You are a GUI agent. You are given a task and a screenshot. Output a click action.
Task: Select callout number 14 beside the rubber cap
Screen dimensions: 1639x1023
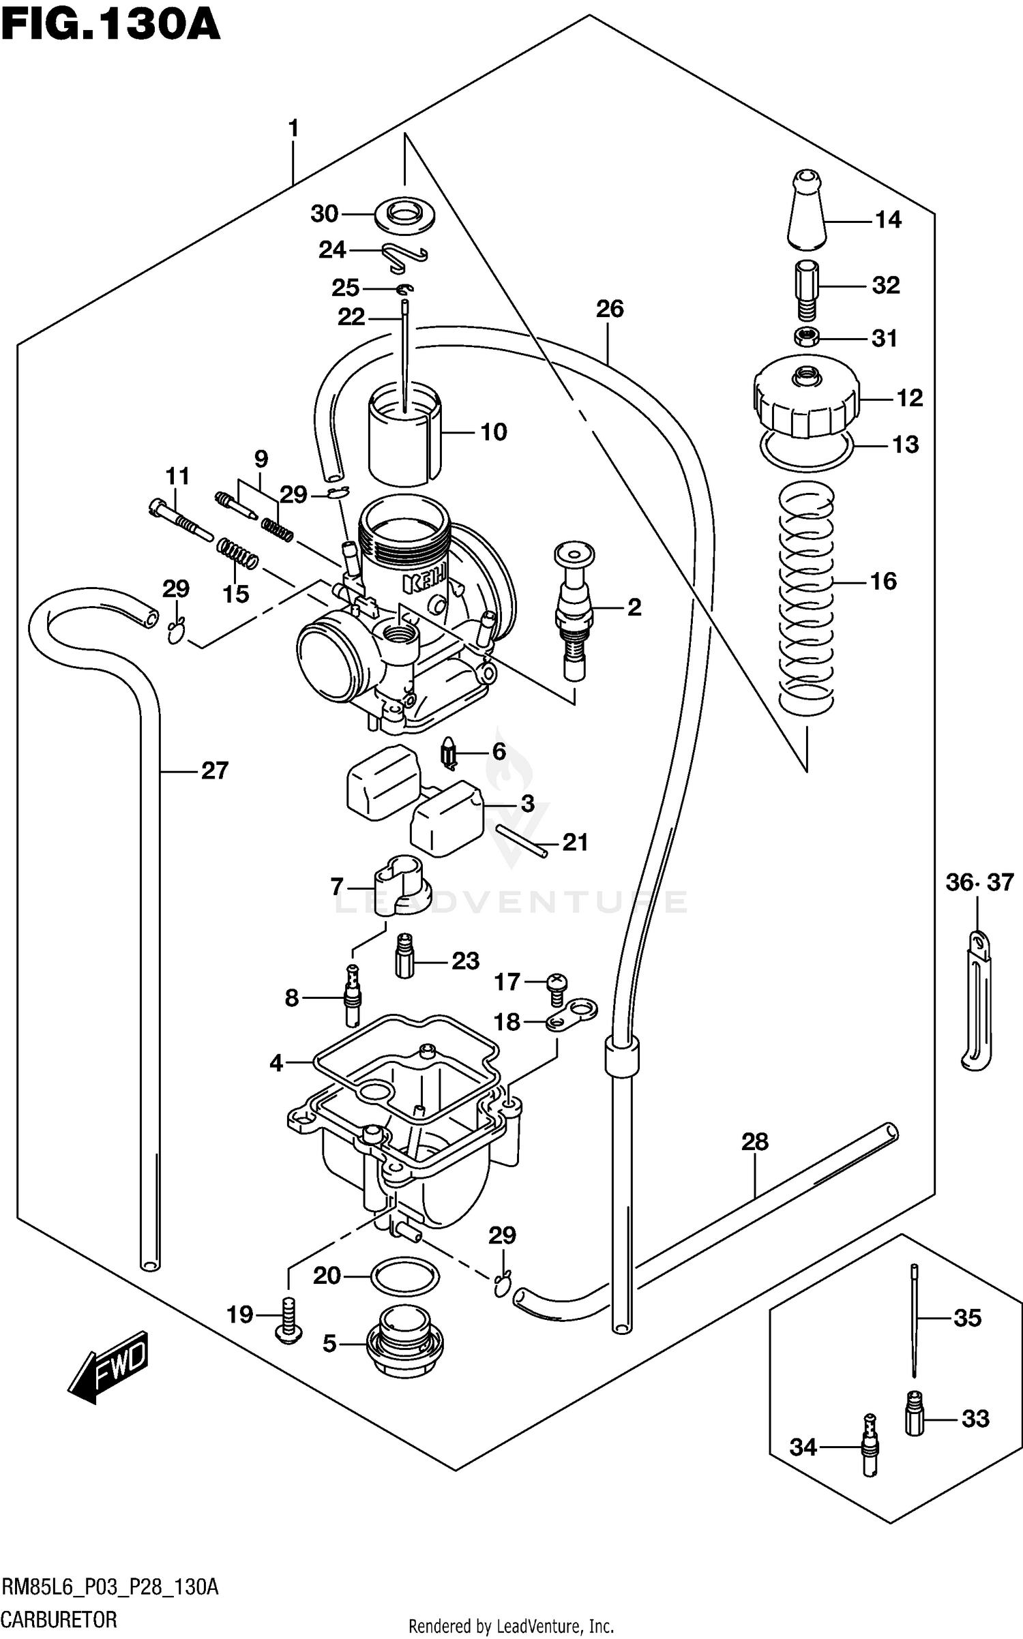point(887,220)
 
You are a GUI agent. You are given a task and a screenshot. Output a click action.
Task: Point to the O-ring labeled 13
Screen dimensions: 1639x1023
point(807,451)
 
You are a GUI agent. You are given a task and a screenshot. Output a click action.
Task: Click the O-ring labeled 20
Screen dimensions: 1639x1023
point(405,1275)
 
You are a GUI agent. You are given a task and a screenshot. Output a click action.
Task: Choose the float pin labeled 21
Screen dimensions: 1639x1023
point(522,841)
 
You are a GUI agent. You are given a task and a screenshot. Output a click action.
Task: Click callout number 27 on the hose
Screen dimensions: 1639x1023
point(214,770)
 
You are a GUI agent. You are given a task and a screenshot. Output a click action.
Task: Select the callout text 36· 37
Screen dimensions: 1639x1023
point(979,882)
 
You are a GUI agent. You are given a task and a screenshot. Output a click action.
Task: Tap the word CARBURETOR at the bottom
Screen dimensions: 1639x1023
point(59,1619)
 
